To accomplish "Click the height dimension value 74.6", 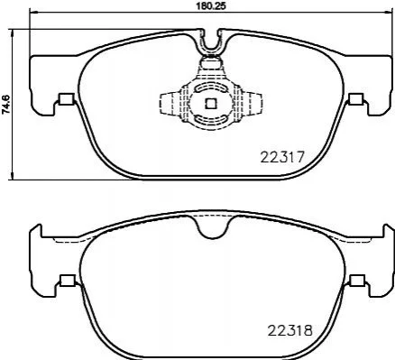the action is click(6, 104).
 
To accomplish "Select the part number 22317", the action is click(282, 157).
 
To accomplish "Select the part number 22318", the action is click(290, 331).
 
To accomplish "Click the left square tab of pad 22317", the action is click(67, 99).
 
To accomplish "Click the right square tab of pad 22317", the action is click(356, 99).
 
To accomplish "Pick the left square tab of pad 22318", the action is click(68, 281).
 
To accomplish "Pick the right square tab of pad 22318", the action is click(357, 281).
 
